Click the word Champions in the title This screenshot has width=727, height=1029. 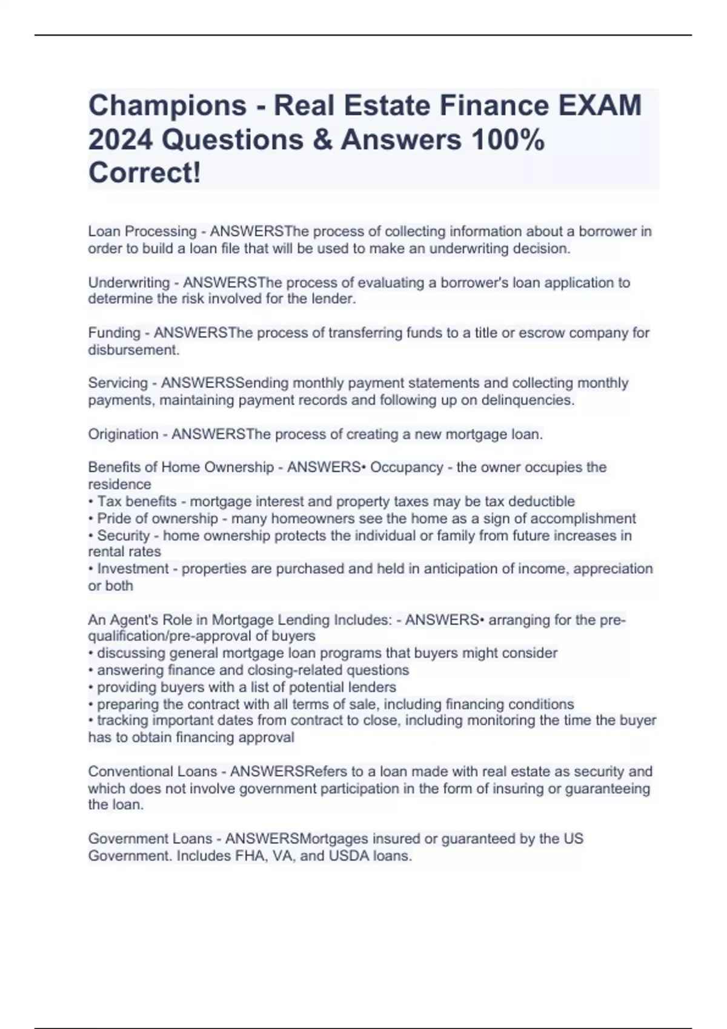point(167,106)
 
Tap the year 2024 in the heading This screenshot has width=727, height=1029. point(120,140)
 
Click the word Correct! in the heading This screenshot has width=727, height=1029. point(144,173)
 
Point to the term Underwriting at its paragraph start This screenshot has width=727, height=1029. point(128,283)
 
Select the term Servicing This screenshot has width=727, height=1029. point(118,383)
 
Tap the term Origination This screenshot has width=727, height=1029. point(123,434)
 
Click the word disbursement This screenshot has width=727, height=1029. point(133,350)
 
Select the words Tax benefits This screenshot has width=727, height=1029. point(137,501)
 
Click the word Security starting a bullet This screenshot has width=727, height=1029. point(123,536)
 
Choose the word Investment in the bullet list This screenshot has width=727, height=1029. point(133,569)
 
